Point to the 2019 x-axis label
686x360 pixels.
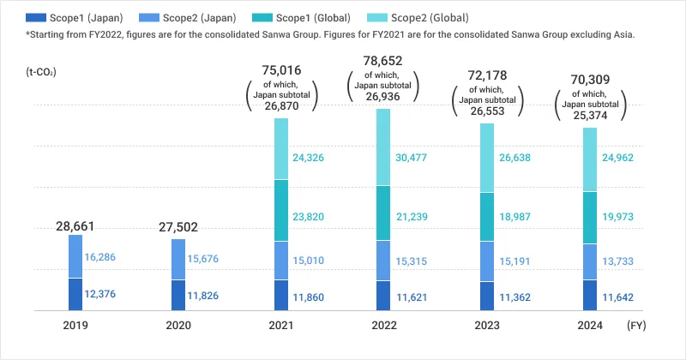[75, 326]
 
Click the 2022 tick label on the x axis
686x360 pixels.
[383, 326]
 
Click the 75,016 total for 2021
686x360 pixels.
[281, 70]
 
